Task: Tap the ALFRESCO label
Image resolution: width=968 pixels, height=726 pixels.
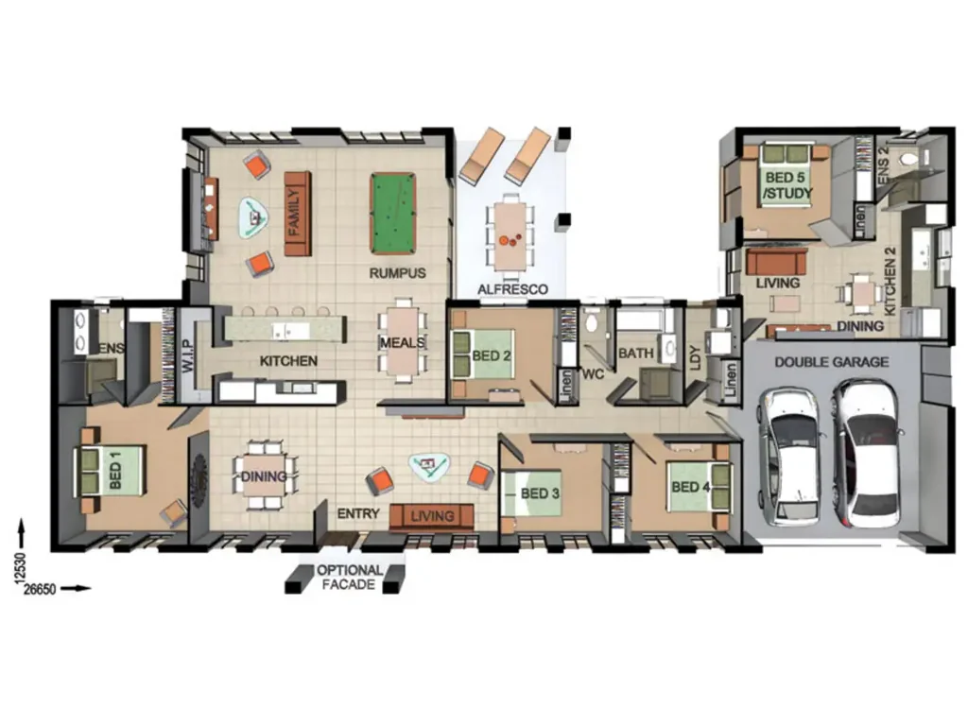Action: click(512, 289)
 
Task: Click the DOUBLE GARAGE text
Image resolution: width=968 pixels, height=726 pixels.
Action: click(831, 361)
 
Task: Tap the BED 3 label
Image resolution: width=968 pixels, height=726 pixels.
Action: click(541, 493)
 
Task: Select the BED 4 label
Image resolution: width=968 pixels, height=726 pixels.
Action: click(691, 488)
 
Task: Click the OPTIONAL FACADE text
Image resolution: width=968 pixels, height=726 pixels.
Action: click(349, 578)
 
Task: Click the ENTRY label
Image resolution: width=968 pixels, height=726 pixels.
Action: click(358, 514)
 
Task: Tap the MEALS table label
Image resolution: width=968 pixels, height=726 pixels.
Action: click(402, 342)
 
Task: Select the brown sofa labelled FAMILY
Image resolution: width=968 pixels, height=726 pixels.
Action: click(297, 213)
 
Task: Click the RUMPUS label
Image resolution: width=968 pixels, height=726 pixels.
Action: click(397, 273)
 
